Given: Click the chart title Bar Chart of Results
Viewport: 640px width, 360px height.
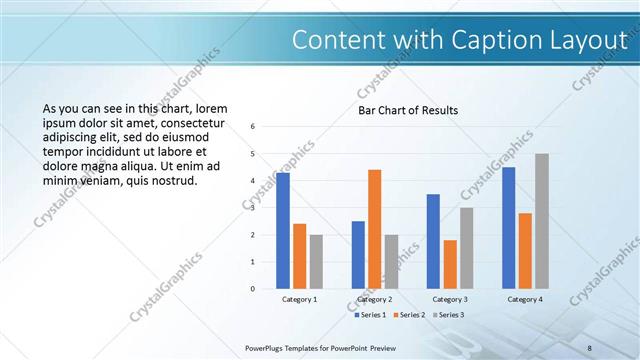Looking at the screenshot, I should (408, 110).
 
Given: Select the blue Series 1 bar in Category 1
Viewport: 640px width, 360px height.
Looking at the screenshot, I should (283, 231).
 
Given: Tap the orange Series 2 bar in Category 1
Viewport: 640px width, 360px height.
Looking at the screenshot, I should (299, 256).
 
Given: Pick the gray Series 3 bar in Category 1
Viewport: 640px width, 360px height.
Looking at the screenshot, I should (316, 261).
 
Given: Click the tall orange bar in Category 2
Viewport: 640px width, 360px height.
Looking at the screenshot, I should (374, 229).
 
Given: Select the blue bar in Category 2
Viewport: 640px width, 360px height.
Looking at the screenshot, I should (358, 255).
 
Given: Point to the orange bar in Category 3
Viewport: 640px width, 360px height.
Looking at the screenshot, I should (450, 264).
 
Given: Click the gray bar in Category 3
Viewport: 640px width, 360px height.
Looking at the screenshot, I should (466, 248).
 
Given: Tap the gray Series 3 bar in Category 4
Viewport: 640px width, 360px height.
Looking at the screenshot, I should (542, 221).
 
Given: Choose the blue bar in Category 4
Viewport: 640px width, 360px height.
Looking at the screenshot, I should (508, 228).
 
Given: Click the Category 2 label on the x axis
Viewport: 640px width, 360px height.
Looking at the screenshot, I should (374, 299).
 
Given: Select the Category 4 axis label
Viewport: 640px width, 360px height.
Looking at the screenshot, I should (525, 299).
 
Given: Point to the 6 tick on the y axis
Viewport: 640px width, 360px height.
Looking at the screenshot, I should (253, 127).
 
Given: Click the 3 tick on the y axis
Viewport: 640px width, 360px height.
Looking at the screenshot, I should (253, 208).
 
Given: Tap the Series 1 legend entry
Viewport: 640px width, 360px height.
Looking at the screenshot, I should (372, 315).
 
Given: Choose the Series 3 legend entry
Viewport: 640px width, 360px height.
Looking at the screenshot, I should (450, 315).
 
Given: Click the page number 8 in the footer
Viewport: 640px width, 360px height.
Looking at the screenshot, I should (590, 347).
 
